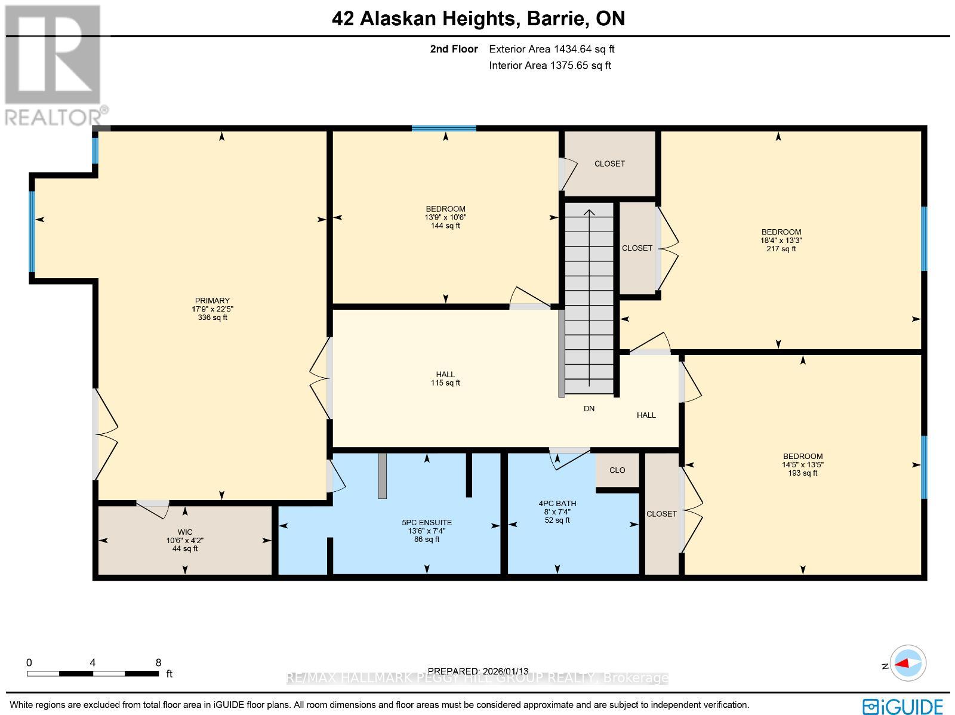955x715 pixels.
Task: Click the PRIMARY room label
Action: (212, 301)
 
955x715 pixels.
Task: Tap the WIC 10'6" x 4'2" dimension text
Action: (184, 540)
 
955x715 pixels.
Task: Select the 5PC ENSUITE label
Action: (427, 522)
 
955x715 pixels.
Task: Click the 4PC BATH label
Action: (557, 503)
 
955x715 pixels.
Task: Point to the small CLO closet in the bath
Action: (617, 470)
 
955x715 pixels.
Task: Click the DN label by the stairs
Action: (589, 409)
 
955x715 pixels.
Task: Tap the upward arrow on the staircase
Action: (589, 213)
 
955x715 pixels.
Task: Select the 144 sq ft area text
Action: (445, 226)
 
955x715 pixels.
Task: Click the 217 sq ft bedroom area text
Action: (781, 249)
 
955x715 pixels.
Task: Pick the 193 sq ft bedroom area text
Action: (802, 473)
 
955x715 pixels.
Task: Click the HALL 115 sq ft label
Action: (445, 378)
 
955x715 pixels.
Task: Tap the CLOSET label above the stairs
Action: (609, 164)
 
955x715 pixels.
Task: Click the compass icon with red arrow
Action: (908, 663)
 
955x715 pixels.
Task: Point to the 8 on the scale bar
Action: (158, 662)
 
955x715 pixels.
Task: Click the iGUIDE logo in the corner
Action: (903, 706)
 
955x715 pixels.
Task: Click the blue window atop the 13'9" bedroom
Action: (443, 128)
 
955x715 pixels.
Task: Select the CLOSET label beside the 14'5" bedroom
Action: (661, 514)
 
